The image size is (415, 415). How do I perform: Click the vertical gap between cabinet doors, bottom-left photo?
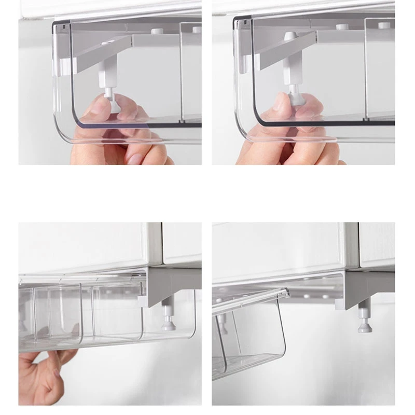(161, 244)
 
